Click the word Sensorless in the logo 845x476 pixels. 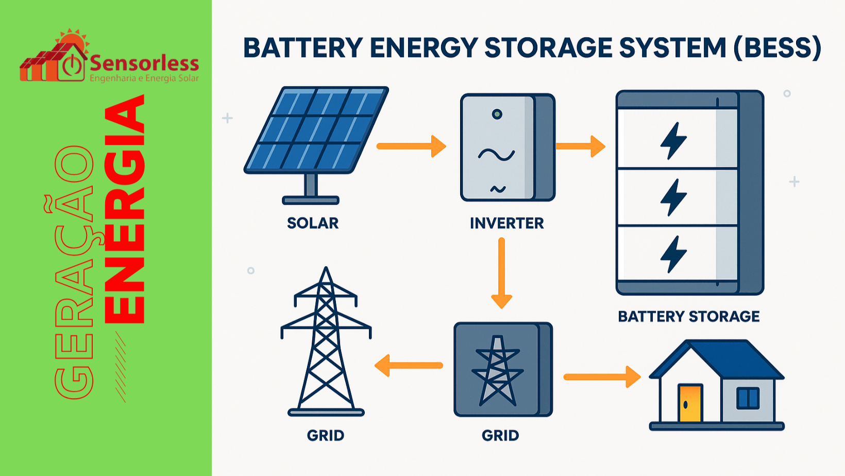(x=144, y=63)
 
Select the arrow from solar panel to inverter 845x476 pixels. (x=411, y=146)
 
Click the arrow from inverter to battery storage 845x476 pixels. (x=580, y=146)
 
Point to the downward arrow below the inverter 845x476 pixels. (x=501, y=273)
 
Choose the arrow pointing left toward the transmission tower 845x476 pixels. (x=408, y=366)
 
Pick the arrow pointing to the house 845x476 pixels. (x=602, y=377)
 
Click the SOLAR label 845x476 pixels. (x=313, y=223)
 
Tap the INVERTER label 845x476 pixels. (x=506, y=223)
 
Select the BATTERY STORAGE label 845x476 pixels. (x=688, y=316)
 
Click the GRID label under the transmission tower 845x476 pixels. (x=325, y=436)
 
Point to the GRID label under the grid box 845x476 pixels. (x=500, y=436)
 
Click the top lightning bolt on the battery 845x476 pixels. (x=673, y=140)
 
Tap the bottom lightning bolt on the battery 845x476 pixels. (x=673, y=254)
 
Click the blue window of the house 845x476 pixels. (x=748, y=398)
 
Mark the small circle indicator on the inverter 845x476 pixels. (x=497, y=114)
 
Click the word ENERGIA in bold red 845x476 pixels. (x=125, y=209)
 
